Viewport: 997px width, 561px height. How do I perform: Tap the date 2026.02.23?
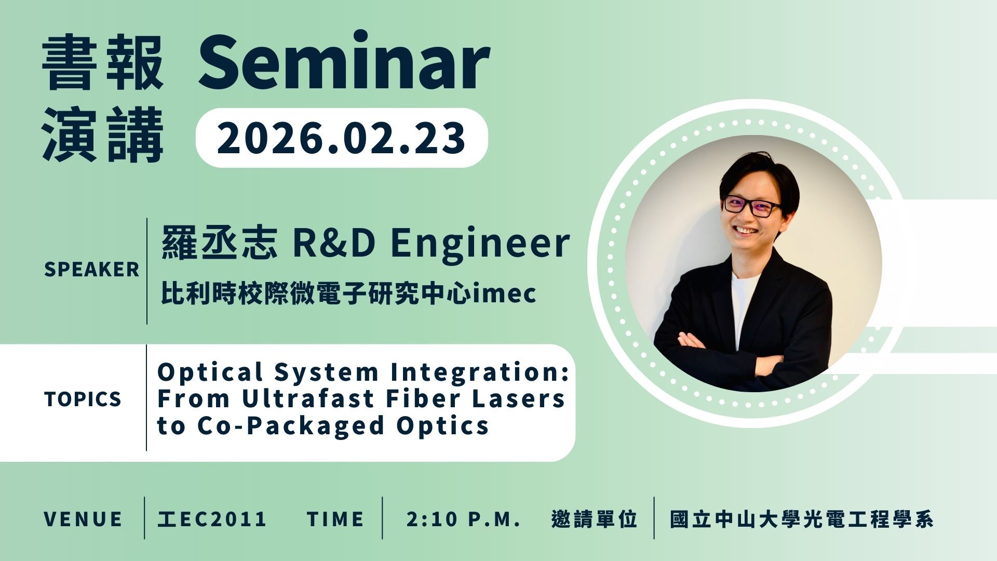coord(341,138)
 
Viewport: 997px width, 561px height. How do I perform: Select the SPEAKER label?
coord(92,270)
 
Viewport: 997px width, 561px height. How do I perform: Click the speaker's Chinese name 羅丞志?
coord(219,243)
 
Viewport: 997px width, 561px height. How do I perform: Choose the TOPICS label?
coord(83,399)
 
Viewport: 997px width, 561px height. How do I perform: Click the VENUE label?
coord(83,519)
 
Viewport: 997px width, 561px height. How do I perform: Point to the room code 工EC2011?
coord(212,519)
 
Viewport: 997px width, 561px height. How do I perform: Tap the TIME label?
coord(335,519)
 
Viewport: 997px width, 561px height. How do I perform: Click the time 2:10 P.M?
coord(464,519)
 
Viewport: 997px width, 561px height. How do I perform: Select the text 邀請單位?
coord(594,519)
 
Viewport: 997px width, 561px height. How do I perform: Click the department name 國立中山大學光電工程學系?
coord(802,519)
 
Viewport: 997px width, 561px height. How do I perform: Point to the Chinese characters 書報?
coord(103,63)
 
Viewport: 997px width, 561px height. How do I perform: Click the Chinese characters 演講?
coord(103,136)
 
